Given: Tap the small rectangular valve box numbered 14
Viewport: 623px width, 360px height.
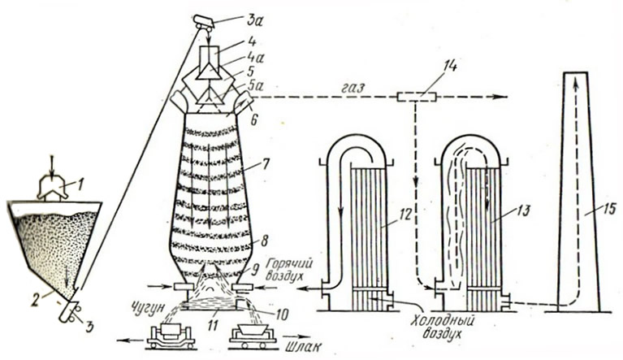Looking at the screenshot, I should pos(416,98).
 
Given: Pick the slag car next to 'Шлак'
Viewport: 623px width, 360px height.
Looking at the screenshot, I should pos(253,333).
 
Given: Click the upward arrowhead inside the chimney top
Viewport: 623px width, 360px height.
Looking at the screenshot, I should pos(577,80).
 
